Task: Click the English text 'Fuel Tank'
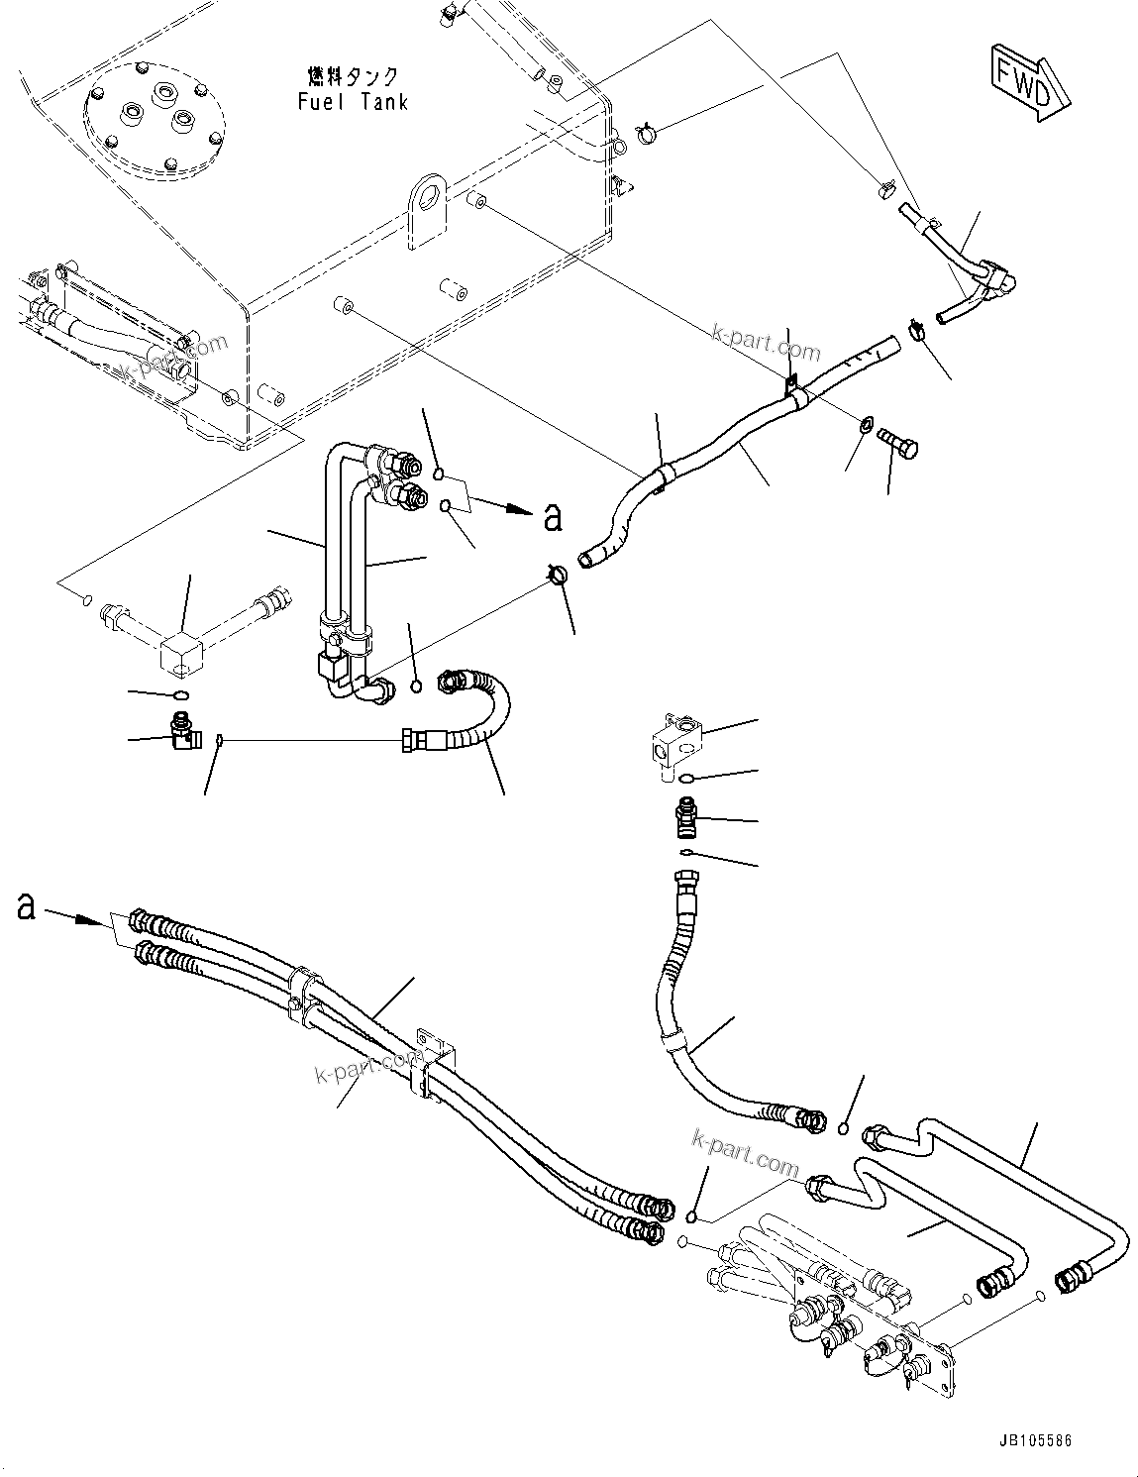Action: point(352,102)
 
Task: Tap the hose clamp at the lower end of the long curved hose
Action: point(558,573)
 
